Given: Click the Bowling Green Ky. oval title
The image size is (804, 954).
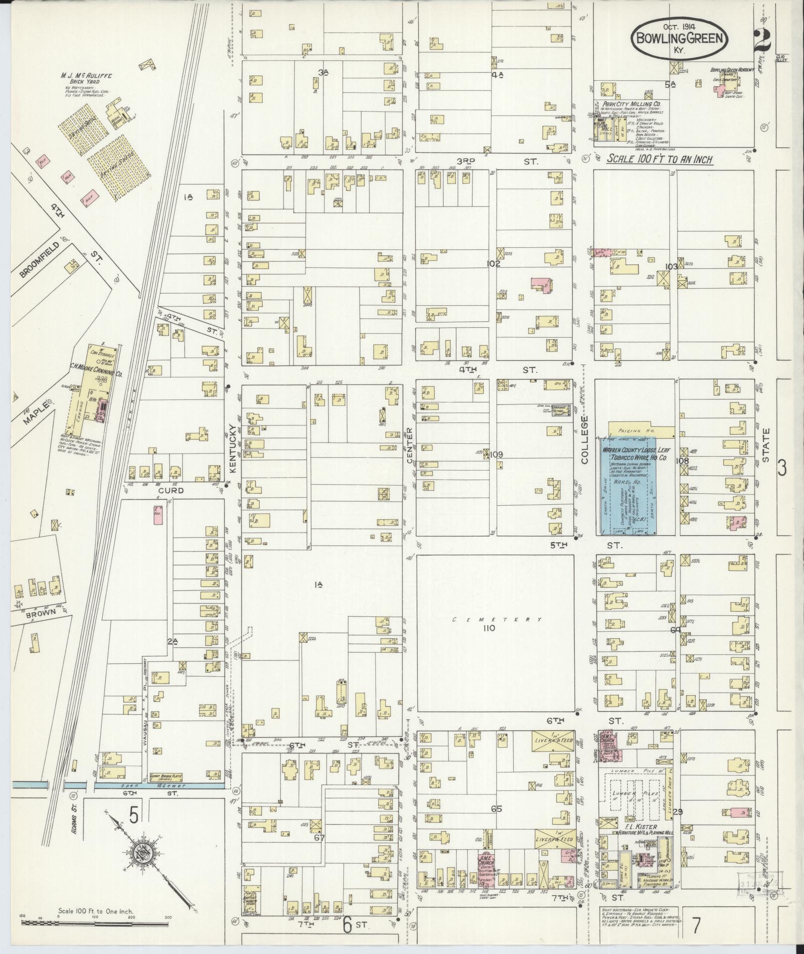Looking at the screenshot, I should click(x=678, y=38).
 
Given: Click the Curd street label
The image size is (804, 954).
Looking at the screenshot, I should click(x=171, y=491).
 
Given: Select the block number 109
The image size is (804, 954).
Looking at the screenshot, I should click(x=496, y=455).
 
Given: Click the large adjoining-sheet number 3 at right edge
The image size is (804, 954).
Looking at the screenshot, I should click(x=782, y=468).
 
